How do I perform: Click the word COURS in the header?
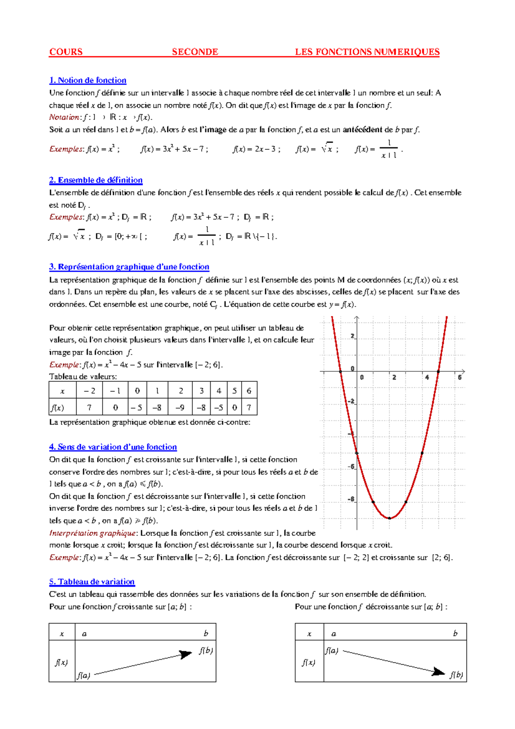click(x=66, y=52)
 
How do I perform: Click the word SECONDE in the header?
click(x=195, y=52)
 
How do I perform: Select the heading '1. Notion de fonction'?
click(x=88, y=80)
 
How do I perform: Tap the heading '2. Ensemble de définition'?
click(x=96, y=180)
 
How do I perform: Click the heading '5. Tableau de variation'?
click(x=92, y=582)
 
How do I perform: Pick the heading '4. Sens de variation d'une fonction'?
click(x=113, y=447)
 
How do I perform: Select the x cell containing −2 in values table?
click(x=89, y=391)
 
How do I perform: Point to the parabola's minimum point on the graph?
click(x=390, y=518)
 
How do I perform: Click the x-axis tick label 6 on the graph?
click(x=460, y=377)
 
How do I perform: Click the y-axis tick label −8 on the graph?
click(x=351, y=499)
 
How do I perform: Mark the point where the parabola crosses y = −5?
click(x=357, y=453)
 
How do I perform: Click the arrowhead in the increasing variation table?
click(x=186, y=654)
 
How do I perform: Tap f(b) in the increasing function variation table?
click(x=206, y=650)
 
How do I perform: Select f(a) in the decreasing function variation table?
click(x=331, y=650)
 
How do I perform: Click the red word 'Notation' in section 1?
click(x=64, y=117)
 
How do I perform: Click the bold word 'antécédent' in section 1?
click(x=363, y=130)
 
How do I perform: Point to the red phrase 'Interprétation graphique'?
click(x=93, y=533)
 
